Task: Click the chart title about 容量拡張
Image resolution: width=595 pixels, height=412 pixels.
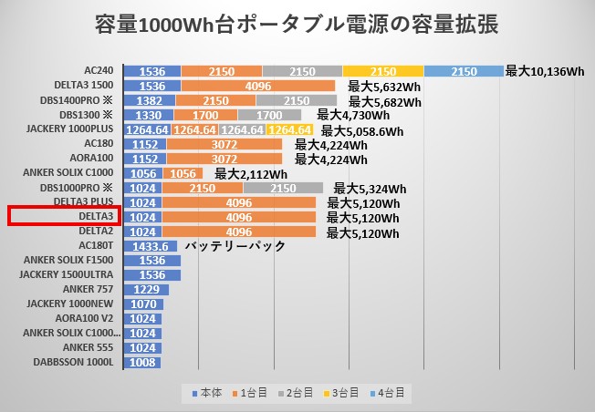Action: [x=297, y=25]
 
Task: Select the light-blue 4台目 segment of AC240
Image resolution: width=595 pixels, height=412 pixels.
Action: [x=464, y=71]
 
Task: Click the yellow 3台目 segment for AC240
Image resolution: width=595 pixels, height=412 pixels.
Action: [x=383, y=71]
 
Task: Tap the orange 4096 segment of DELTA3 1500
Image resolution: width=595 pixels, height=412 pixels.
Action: [x=258, y=86]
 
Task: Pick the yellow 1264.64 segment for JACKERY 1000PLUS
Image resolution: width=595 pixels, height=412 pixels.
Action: [x=289, y=129]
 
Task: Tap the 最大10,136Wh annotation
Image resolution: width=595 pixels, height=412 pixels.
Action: [x=544, y=71]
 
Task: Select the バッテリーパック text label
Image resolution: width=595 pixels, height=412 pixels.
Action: [x=235, y=246]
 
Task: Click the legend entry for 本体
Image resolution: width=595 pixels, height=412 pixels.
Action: [x=209, y=393]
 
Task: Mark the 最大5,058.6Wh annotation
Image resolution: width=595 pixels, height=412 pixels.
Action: [x=361, y=130]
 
